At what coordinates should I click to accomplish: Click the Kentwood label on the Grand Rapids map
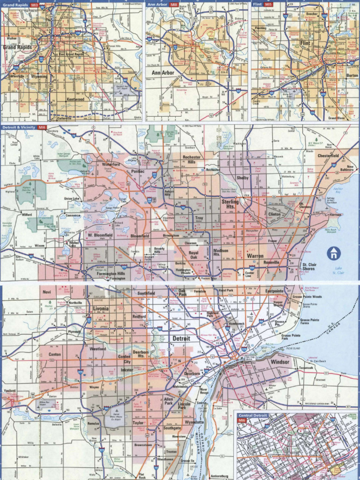click(x=75, y=99)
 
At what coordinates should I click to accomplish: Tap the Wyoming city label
click(x=39, y=76)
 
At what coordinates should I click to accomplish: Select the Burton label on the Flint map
click(x=352, y=75)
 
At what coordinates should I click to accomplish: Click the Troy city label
click(x=199, y=218)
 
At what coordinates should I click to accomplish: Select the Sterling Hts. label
click(x=230, y=203)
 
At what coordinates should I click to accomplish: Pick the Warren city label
click(x=255, y=256)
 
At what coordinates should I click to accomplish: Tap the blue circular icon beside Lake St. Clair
click(x=333, y=254)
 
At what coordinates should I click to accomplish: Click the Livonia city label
click(x=100, y=309)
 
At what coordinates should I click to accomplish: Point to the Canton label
click(x=55, y=354)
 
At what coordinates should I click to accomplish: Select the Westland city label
click(x=97, y=349)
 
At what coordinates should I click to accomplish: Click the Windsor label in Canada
click(x=280, y=362)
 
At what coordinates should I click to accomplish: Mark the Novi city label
click(x=46, y=292)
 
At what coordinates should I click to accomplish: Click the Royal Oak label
click(x=194, y=255)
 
